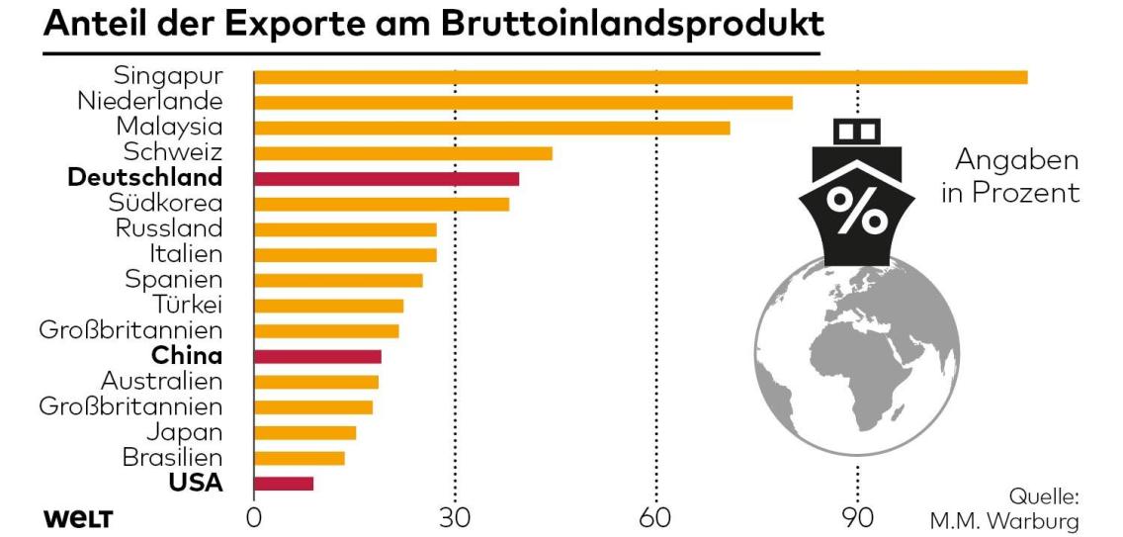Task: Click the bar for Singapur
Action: (641, 77)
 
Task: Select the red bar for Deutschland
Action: (387, 179)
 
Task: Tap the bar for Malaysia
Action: (491, 128)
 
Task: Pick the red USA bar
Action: (284, 484)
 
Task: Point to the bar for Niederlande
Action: (523, 102)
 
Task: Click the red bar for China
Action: (317, 356)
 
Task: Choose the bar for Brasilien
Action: (300, 458)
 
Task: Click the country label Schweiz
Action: (173, 152)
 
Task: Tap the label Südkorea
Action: (166, 204)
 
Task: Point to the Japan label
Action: (184, 432)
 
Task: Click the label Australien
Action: (162, 381)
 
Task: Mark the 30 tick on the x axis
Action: (455, 518)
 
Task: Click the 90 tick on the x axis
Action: (857, 518)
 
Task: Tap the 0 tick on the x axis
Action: (254, 518)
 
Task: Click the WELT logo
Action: (78, 519)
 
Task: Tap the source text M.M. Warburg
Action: (1004, 520)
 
